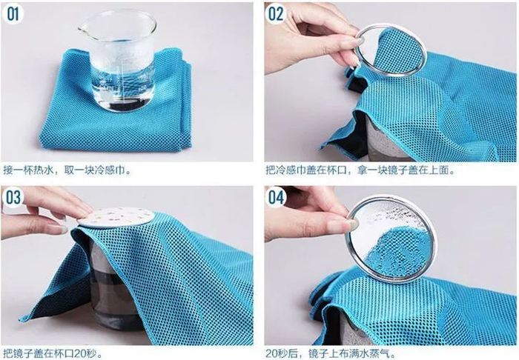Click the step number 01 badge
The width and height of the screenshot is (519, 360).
[13, 15]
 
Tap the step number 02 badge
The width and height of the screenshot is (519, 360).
[276, 14]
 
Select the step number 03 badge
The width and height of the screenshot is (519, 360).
[13, 198]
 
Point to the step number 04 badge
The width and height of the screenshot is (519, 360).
[276, 197]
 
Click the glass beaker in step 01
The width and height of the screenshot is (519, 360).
[117, 61]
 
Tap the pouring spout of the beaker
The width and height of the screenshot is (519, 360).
[82, 29]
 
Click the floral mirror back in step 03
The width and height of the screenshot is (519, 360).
[116, 216]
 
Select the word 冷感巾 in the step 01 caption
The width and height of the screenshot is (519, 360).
[110, 170]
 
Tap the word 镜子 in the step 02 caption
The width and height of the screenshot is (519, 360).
[397, 170]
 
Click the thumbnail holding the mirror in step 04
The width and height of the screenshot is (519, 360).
[352, 224]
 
